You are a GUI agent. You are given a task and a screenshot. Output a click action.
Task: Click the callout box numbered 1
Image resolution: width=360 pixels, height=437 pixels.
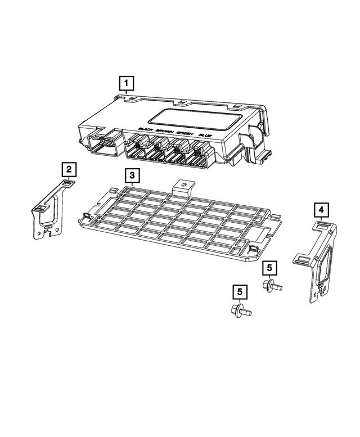[x=127, y=84]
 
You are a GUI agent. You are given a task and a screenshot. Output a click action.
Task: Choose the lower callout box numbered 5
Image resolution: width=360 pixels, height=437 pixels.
[x=240, y=292]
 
